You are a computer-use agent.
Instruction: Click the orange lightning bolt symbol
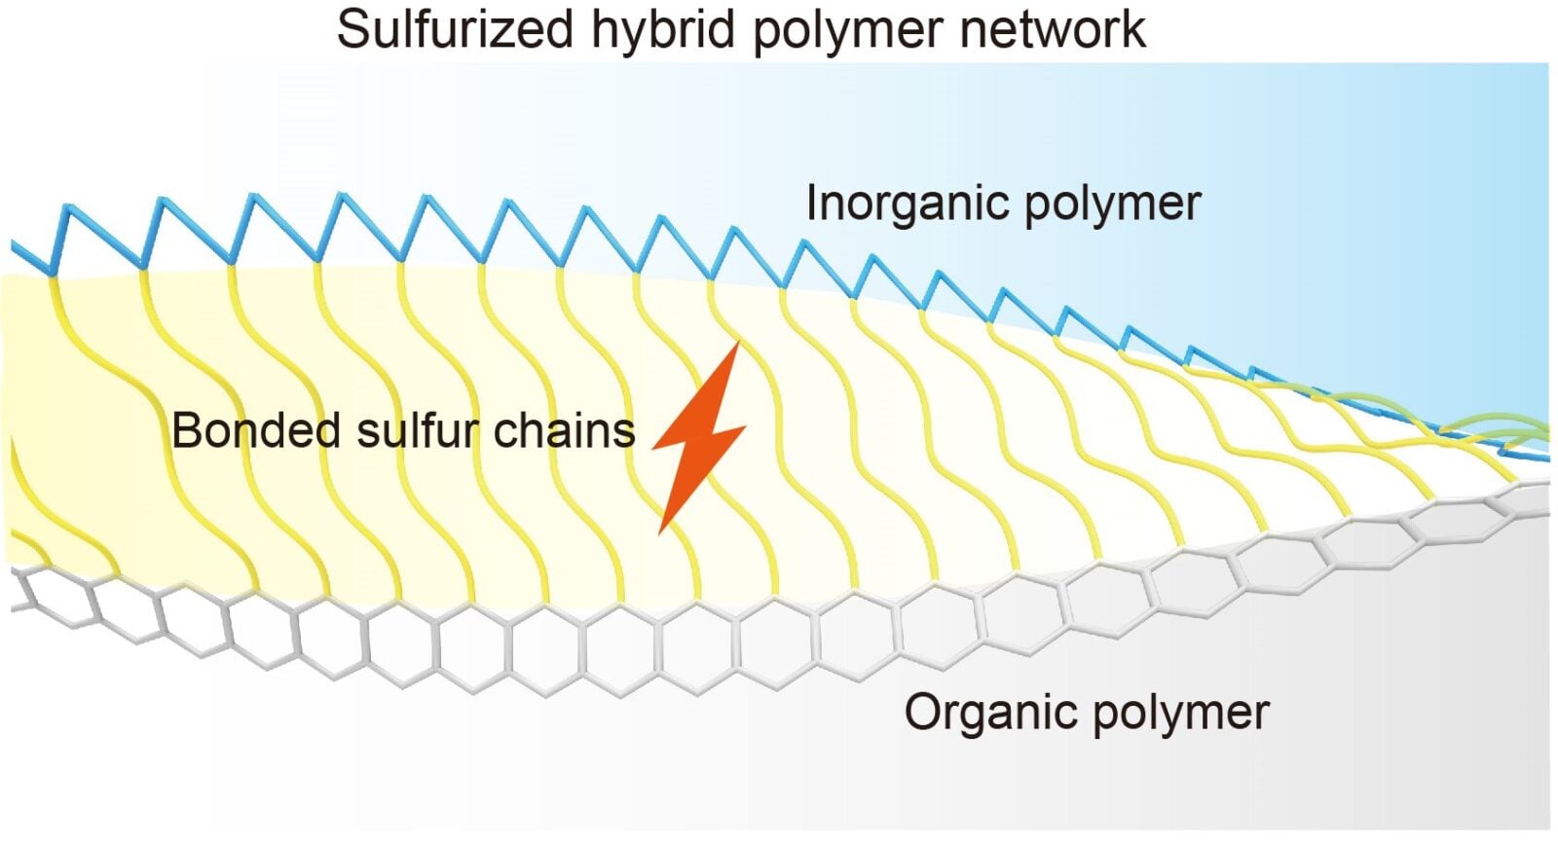click(x=699, y=438)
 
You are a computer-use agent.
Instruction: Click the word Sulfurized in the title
click(x=455, y=29)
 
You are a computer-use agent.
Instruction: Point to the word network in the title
click(x=1051, y=29)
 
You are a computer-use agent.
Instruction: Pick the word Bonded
click(x=255, y=430)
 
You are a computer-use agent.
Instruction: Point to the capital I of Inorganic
click(x=812, y=203)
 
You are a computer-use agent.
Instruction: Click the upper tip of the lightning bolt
click(x=738, y=344)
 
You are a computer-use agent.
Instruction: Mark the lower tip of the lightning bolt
click(x=661, y=532)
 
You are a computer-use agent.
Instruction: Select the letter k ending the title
click(x=1133, y=29)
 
